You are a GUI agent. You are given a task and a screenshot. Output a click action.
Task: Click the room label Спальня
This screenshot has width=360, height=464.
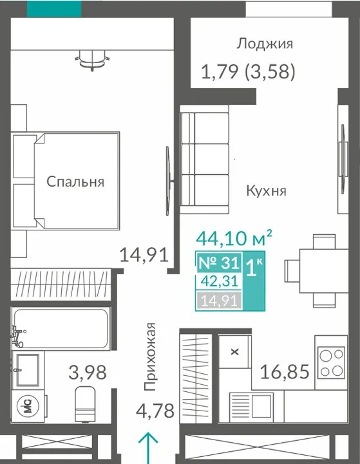point(75,181)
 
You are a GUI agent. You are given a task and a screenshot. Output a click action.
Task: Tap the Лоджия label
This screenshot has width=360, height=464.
point(265,44)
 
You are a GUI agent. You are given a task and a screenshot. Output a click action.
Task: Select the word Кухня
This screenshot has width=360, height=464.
point(267,190)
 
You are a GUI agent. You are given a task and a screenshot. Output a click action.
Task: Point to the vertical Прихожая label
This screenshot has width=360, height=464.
point(149,357)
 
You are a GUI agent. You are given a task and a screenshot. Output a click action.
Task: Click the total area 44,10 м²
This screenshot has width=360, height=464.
point(234,238)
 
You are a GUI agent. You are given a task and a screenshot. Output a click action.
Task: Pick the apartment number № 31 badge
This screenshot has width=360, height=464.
point(219,262)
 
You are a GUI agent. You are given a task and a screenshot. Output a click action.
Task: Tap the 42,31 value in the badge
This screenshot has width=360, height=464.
point(220,281)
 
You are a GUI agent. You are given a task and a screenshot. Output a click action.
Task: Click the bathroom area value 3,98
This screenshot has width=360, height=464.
point(88,372)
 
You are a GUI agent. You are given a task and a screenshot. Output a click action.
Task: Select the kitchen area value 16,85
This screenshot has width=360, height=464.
point(285,372)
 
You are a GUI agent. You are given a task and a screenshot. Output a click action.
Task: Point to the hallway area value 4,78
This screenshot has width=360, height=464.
point(155,411)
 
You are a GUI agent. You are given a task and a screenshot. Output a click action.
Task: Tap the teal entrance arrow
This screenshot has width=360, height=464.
point(148,447)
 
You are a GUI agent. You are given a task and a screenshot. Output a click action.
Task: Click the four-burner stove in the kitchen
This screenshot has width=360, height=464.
point(331,363)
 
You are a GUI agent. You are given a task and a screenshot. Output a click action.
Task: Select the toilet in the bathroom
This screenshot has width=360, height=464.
point(85,404)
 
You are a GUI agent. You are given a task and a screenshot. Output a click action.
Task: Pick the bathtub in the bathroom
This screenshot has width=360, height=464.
point(60,328)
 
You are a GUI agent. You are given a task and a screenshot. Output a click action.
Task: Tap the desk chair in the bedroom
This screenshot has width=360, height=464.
point(92,60)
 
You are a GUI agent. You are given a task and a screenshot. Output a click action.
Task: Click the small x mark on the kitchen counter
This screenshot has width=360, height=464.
point(235,352)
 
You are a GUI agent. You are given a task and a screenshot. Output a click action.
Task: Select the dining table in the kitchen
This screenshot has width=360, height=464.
point(324,271)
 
